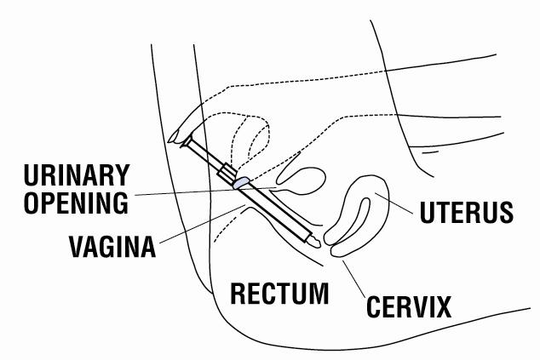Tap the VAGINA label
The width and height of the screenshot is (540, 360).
click(112, 248)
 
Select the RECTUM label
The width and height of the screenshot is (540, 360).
click(280, 294)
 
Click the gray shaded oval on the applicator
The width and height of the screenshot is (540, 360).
click(242, 181)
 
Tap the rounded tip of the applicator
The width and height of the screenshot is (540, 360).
click(314, 242)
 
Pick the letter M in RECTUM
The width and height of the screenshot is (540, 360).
click(316, 294)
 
